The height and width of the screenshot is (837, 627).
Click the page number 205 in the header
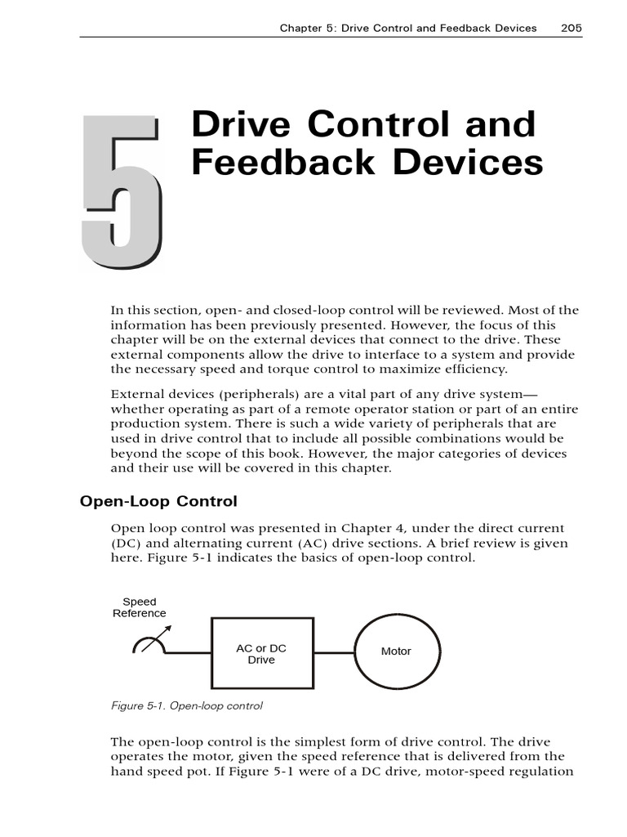click(x=571, y=28)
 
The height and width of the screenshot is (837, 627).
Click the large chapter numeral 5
click(x=121, y=193)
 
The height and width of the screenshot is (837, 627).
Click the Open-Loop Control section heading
click(x=158, y=501)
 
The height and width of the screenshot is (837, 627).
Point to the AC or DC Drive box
click(x=261, y=653)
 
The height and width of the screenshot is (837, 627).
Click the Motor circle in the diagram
click(x=396, y=651)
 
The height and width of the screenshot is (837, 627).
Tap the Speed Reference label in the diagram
click(x=139, y=607)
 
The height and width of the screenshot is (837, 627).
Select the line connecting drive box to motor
click(x=333, y=653)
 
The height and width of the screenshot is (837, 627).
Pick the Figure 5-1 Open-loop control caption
click(x=186, y=705)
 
